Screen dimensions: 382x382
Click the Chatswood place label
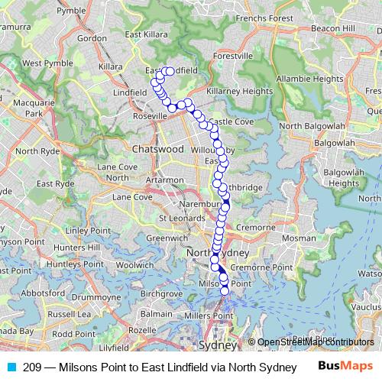158,149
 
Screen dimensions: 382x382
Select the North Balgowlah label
312,125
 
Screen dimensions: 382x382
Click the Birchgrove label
161,293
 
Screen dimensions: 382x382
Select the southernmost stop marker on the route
225,290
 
